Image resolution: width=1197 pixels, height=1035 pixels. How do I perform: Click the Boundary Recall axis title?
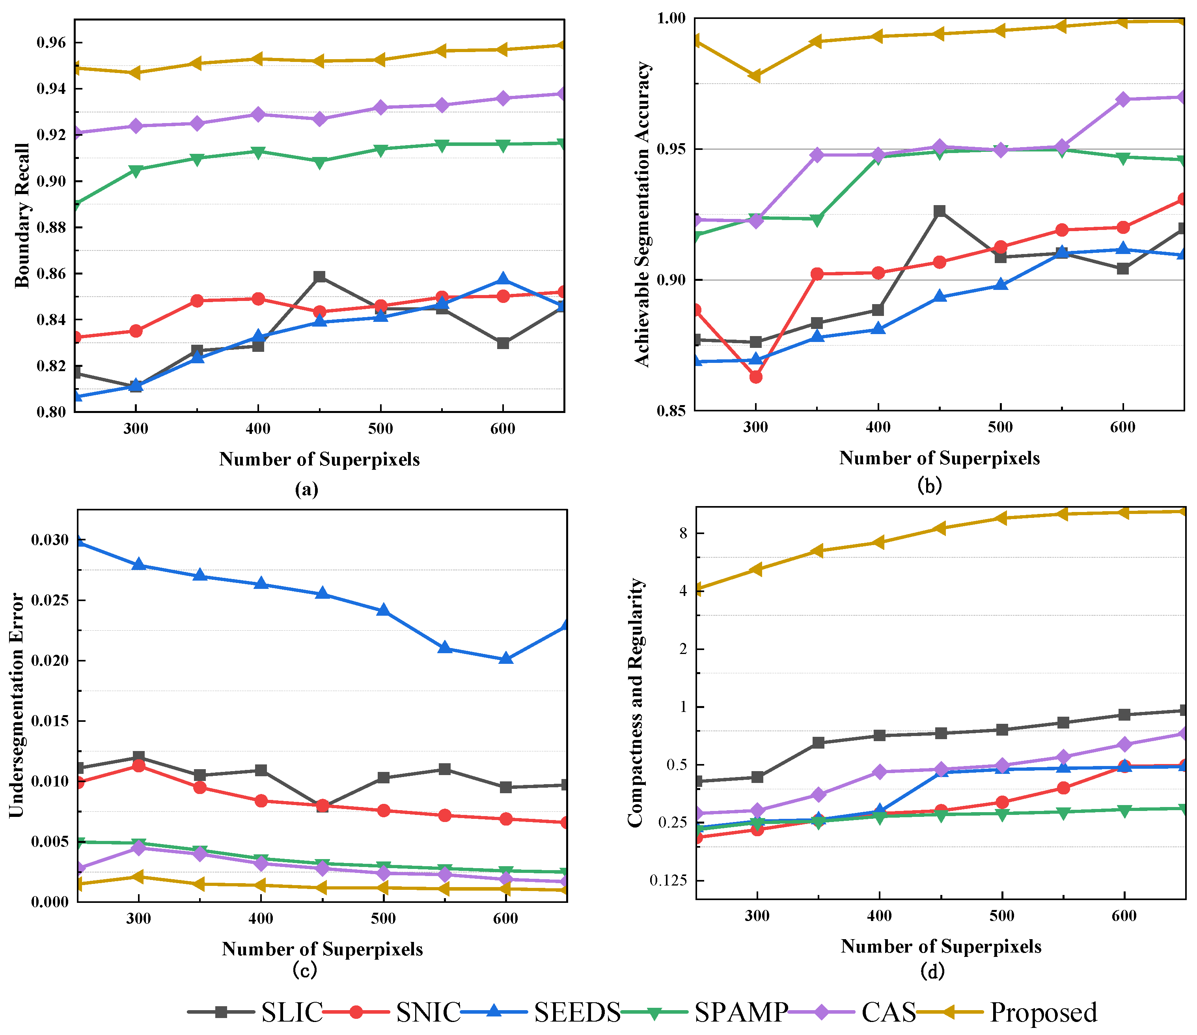22,215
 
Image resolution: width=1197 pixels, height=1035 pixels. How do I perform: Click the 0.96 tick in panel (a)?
51,43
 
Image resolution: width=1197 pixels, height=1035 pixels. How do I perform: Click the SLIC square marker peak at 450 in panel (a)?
319,277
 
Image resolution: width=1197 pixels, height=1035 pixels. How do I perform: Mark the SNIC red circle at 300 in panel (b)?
756,377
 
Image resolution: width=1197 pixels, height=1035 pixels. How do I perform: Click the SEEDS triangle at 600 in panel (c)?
506,658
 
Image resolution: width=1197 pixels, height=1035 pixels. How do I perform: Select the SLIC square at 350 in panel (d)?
818,743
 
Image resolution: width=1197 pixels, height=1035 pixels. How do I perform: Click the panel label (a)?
307,489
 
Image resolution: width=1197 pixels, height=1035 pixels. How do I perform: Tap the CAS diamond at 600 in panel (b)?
1123,99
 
